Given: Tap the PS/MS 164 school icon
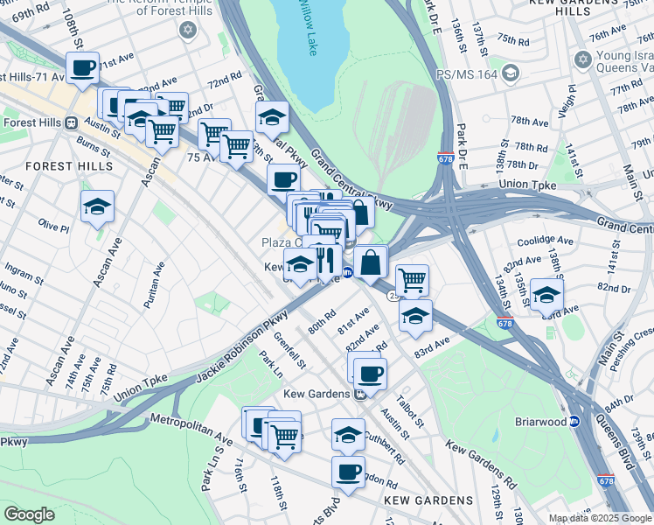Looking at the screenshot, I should click(512, 73).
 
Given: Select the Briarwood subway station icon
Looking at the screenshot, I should click(575, 421).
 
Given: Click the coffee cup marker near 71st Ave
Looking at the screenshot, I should click(83, 67).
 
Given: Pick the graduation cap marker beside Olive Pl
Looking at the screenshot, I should click(97, 207).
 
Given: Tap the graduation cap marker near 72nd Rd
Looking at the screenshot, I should click(272, 117).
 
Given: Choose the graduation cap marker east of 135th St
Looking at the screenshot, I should click(546, 295).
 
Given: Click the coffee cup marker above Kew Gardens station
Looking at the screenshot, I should click(370, 374).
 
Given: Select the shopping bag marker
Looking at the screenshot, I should click(371, 262).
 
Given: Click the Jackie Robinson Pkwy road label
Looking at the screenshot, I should click(232, 346).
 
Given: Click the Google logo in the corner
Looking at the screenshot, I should click(29, 514).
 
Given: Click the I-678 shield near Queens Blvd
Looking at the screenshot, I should click(606, 479).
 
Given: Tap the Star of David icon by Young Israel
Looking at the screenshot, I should click(583, 59).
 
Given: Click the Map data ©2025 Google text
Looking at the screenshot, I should click(599, 517).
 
